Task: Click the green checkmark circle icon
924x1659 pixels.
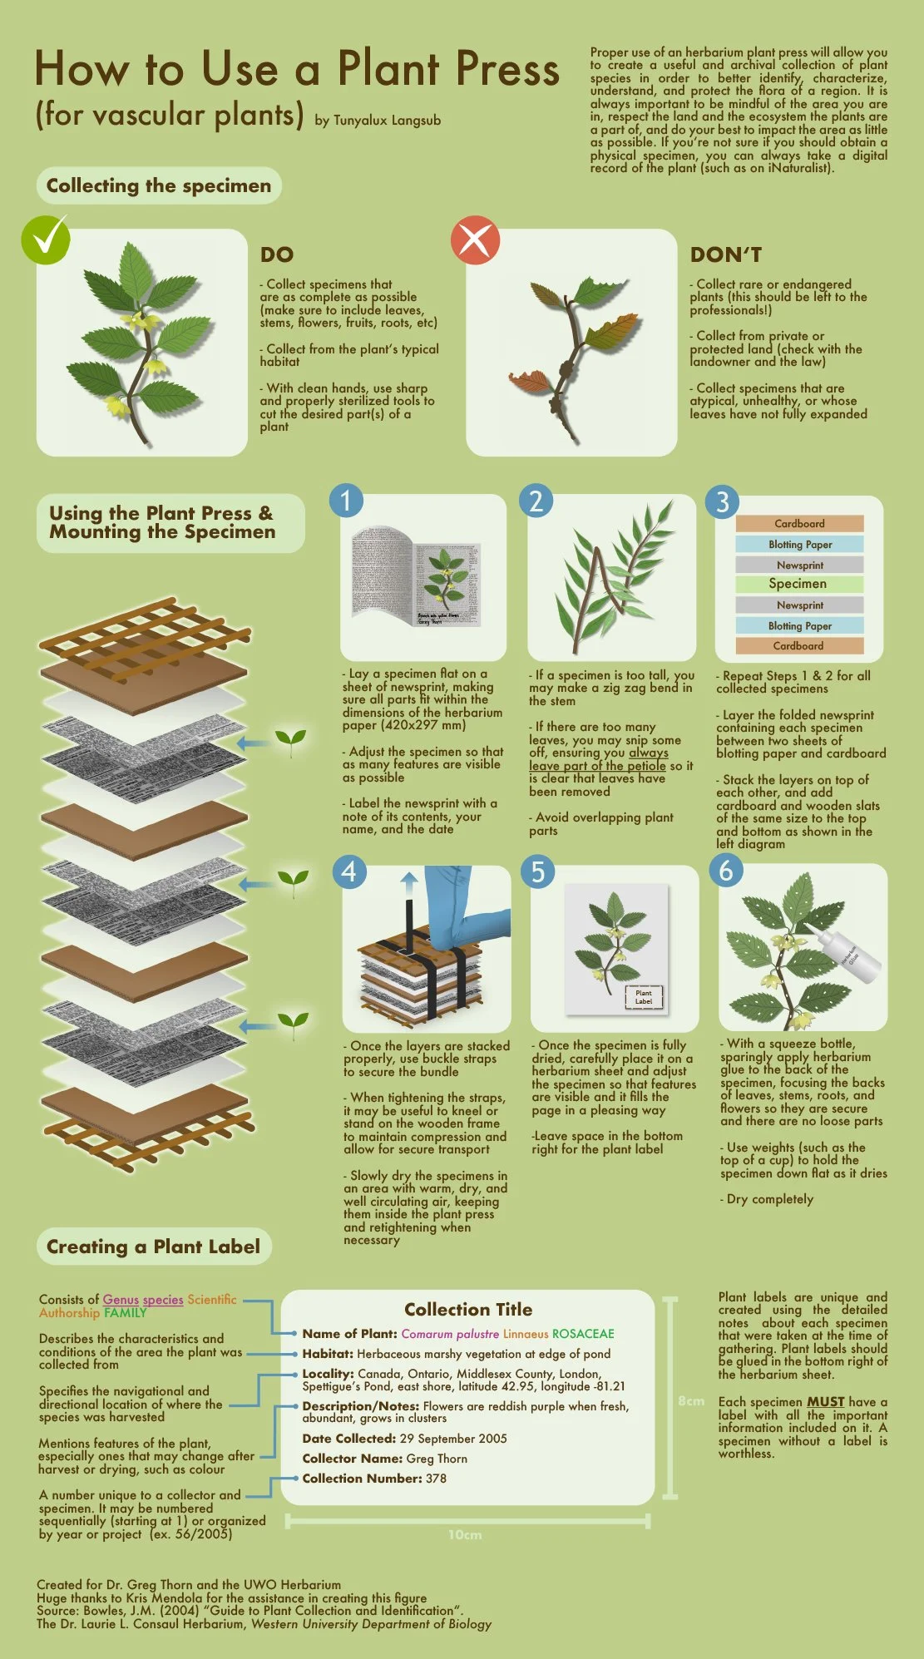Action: (x=46, y=239)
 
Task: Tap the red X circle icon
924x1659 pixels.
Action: (x=475, y=240)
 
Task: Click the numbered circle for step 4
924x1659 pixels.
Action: (x=349, y=871)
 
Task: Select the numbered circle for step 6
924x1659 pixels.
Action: (x=726, y=871)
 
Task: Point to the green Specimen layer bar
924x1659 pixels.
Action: (x=798, y=584)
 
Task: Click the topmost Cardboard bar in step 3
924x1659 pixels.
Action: (x=799, y=523)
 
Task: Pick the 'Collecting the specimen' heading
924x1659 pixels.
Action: (x=159, y=185)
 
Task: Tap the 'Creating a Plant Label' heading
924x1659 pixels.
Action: (x=154, y=1247)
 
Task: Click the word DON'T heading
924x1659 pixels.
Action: (x=725, y=255)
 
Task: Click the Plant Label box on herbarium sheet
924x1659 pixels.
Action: (x=644, y=997)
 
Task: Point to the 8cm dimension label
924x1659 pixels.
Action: (x=690, y=1401)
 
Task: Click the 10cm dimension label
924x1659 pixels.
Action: (x=465, y=1535)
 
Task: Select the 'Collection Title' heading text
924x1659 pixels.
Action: (x=468, y=1310)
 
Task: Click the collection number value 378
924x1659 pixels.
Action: (x=436, y=1479)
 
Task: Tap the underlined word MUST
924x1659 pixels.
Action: (x=825, y=1402)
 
